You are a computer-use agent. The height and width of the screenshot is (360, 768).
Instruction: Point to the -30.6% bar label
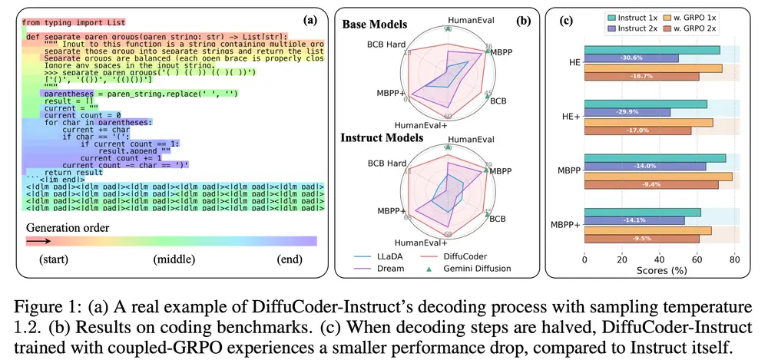point(612,58)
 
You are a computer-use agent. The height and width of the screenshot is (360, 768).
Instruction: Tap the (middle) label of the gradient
point(174,259)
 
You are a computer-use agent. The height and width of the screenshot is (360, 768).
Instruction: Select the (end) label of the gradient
point(290,259)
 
